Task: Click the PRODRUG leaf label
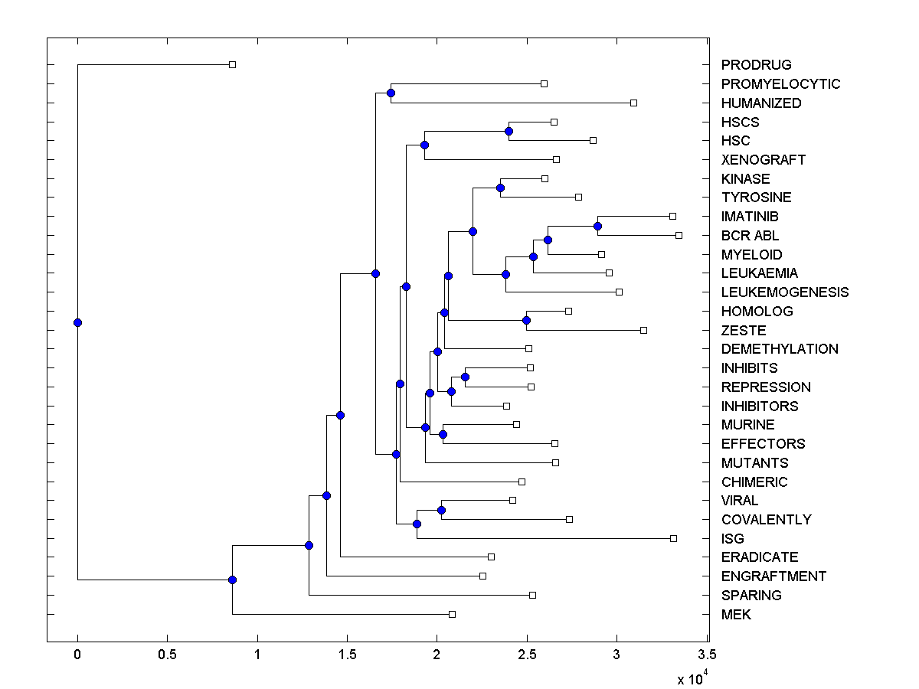[x=756, y=65]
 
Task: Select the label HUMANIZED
[x=761, y=103]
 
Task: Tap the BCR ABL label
[x=750, y=236]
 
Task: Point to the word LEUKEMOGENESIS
[x=785, y=292]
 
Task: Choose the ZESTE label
[x=744, y=330]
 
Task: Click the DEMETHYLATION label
[x=780, y=349]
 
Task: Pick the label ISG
[x=733, y=538]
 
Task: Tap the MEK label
[x=736, y=614]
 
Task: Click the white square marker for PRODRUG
[x=233, y=65]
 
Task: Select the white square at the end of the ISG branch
[x=674, y=538]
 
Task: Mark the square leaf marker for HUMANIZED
[x=633, y=103]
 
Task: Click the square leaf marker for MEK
[x=452, y=614]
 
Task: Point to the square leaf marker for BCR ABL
[x=679, y=235]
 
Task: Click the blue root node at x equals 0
[x=77, y=322]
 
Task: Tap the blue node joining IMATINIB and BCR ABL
[x=597, y=226]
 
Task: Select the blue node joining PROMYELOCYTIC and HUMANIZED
[x=391, y=93]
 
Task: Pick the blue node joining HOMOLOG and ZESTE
[x=526, y=320]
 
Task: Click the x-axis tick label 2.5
[x=526, y=655]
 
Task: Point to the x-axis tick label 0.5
[x=167, y=655]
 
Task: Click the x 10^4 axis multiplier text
[x=693, y=677]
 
